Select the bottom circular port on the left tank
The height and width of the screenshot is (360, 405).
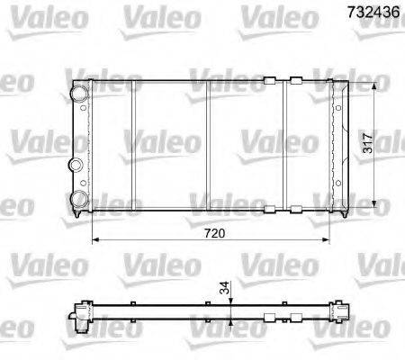pyautogui.click(x=80, y=198)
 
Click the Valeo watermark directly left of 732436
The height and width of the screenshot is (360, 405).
pyautogui.click(x=275, y=14)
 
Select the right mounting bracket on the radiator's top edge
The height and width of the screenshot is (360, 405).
pyautogui.click(x=294, y=81)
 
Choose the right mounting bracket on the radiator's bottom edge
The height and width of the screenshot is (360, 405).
pyautogui.click(x=294, y=210)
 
